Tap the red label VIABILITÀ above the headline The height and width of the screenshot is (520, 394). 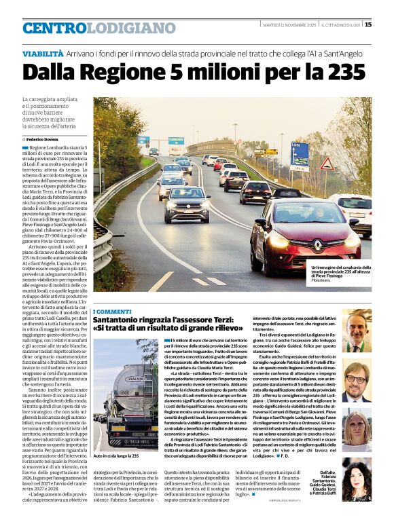(43, 54)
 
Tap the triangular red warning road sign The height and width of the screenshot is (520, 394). (327, 163)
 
